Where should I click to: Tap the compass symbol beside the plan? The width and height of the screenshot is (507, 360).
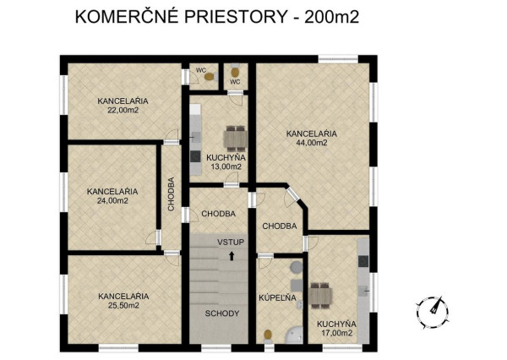[433, 309]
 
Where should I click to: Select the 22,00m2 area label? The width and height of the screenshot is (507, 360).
[123, 110]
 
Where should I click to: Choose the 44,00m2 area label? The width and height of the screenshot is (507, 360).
[312, 143]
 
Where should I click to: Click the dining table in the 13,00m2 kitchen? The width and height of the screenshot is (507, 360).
[234, 137]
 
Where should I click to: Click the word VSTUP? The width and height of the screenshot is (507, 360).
[230, 243]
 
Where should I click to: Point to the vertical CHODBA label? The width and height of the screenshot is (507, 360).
[172, 194]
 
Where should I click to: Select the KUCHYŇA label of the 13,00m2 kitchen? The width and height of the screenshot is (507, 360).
[226, 157]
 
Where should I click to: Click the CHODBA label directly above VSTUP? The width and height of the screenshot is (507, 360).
[218, 214]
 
